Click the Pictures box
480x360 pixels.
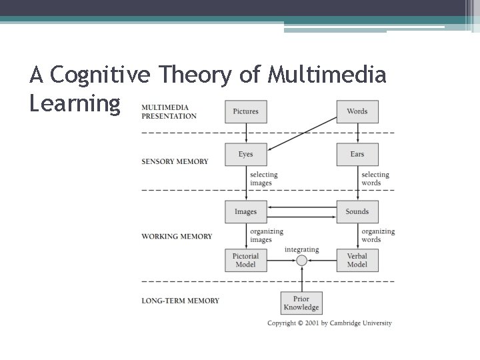click(246, 111)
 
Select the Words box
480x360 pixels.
click(357, 111)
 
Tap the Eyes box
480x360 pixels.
click(246, 155)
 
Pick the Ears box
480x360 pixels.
click(357, 155)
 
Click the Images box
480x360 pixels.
click(246, 212)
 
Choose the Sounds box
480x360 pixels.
click(357, 212)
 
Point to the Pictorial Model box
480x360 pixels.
click(246, 260)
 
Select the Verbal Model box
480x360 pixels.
click(357, 260)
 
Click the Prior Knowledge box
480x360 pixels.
click(301, 303)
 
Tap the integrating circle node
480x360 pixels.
click(301, 261)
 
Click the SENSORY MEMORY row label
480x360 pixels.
click(175, 161)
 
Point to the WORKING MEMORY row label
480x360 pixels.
click(177, 236)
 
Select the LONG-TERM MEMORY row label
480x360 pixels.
click(180, 301)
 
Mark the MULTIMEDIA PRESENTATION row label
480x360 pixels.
click(169, 111)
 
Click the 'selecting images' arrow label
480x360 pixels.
click(264, 179)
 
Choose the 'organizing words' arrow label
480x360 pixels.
click(378, 235)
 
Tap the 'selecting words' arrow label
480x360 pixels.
click(375, 179)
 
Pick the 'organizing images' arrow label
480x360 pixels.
click(267, 235)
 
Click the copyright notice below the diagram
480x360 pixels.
click(329, 323)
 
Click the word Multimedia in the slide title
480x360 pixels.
click(327, 75)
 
